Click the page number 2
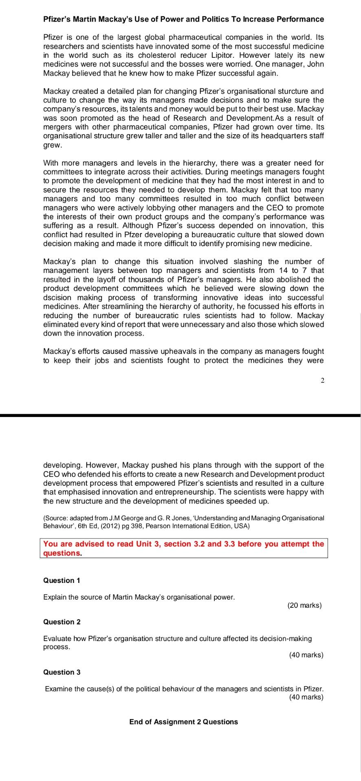coord(322,381)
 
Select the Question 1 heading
coord(62,580)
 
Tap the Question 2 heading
coord(62,622)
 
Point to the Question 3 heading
coord(62,672)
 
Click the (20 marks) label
coord(304,606)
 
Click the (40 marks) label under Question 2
coord(306,655)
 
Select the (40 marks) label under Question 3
coord(306,697)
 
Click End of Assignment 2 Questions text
coord(183,722)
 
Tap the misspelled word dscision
coord(57,298)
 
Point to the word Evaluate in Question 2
coord(56,639)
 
